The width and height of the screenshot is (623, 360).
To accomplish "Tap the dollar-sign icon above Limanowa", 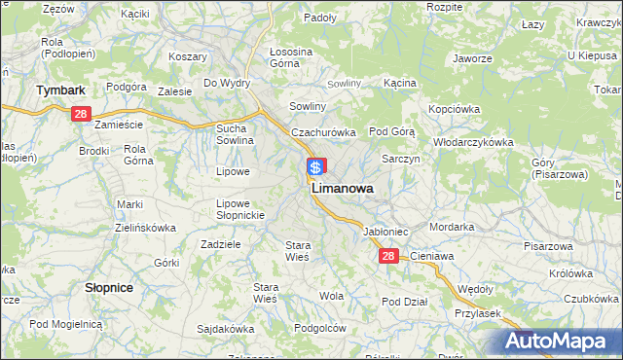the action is [316, 166].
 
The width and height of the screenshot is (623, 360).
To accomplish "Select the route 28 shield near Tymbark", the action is [81, 114].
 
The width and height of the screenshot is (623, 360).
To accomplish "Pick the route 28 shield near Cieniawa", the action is [388, 256].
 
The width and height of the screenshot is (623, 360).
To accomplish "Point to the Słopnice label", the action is [109, 289].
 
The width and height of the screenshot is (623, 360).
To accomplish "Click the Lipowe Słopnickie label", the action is [234, 209].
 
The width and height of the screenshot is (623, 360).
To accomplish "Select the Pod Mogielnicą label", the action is [65, 323].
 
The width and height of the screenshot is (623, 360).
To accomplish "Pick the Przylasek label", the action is [477, 313].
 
